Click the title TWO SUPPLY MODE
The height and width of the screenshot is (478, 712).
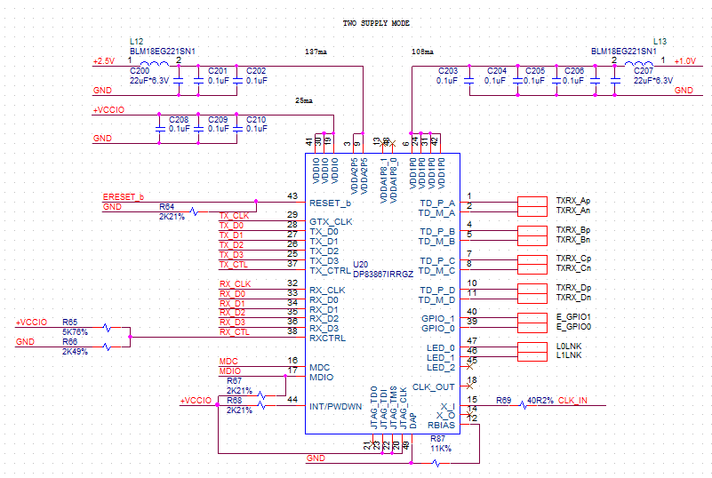pos(376,22)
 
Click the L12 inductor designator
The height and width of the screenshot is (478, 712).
pos(136,41)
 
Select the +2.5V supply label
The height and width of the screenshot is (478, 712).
pos(104,61)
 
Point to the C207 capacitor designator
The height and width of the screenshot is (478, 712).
pos(642,70)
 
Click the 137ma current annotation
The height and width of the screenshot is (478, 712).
pos(316,52)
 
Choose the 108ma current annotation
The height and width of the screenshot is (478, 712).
pos(423,52)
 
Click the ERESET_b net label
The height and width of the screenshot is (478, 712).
pos(124,196)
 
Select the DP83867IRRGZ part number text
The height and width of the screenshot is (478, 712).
pos(384,274)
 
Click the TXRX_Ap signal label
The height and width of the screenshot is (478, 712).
pos(573,201)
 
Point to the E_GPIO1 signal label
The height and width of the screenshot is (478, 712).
pos(573,316)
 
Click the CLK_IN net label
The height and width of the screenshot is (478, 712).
pos(573,401)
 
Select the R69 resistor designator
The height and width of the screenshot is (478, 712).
pos(504,400)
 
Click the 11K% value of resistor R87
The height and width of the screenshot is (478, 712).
pos(440,448)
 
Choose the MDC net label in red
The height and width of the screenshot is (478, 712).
pos(227,361)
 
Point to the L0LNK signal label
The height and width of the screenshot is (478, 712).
pos(569,346)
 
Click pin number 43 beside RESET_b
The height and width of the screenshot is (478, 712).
pos(292,196)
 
